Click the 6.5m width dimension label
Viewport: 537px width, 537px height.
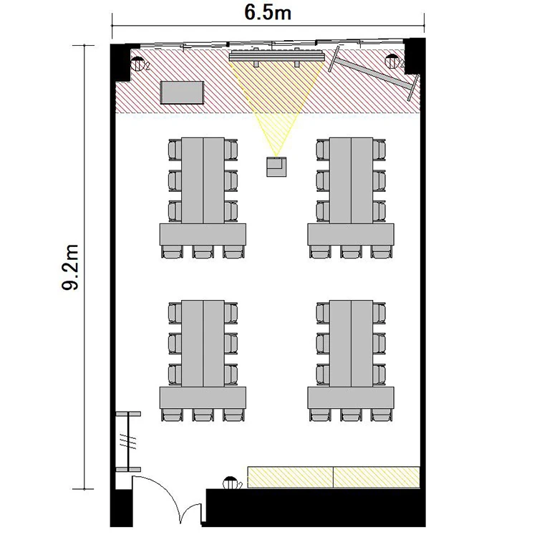[x=268, y=13]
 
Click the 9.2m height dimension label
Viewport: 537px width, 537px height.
[x=70, y=267]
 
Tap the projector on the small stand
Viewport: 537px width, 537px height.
[x=276, y=166]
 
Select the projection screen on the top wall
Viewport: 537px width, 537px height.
[x=276, y=55]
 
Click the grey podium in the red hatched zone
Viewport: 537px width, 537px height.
[x=182, y=92]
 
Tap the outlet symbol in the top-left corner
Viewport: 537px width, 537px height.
[x=138, y=64]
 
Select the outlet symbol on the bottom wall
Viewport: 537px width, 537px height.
[x=231, y=483]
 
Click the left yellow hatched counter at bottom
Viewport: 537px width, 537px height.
[x=290, y=477]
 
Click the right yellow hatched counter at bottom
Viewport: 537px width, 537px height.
[x=377, y=477]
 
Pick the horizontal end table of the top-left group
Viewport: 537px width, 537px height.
[x=203, y=234]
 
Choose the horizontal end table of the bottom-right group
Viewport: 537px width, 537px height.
[x=351, y=397]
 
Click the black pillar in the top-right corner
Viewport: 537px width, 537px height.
[x=415, y=56]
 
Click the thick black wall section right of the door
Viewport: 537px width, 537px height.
[x=315, y=508]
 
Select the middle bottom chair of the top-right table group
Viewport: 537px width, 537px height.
[x=351, y=251]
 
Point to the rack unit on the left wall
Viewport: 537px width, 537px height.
[x=128, y=442]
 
